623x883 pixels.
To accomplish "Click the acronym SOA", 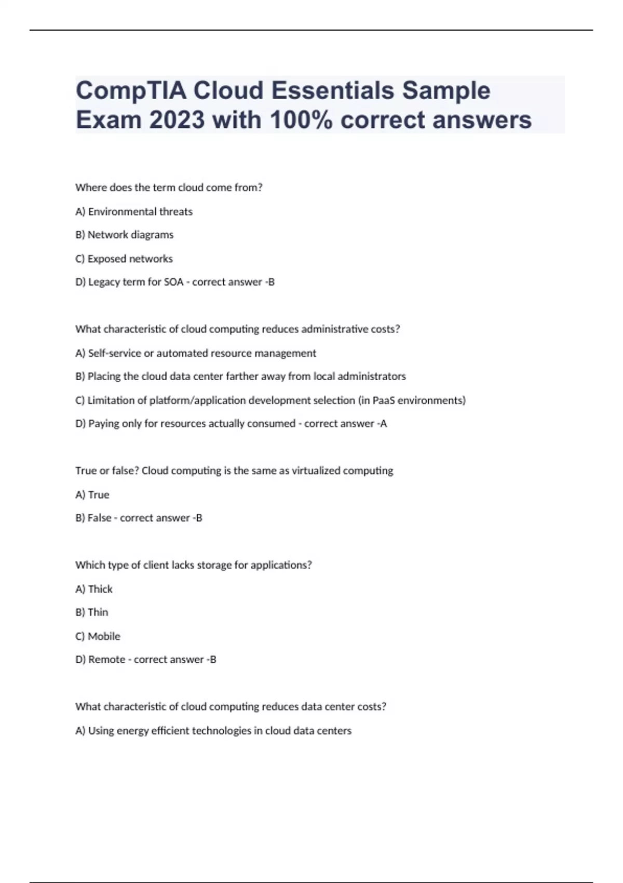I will [x=173, y=282].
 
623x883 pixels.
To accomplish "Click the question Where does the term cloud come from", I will [x=169, y=188].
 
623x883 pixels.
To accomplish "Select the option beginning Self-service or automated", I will [x=196, y=353].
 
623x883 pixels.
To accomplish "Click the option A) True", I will [x=92, y=495].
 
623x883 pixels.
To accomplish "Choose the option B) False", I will [x=93, y=518].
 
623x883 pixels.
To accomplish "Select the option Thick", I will [x=94, y=589].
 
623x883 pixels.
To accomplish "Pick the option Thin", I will [x=92, y=612].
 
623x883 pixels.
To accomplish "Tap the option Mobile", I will [x=98, y=636].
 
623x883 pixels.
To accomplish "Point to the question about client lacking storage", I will [x=193, y=565].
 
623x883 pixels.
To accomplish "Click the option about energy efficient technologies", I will [x=213, y=731].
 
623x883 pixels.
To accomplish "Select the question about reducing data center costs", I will [x=231, y=707].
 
